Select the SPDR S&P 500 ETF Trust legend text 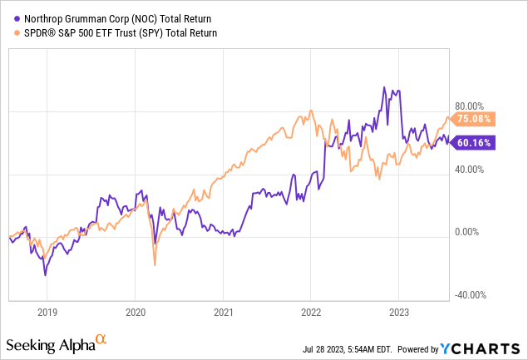coord(116,32)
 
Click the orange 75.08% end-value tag coord(474,119)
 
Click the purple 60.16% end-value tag coord(474,142)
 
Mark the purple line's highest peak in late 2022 coord(383,87)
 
